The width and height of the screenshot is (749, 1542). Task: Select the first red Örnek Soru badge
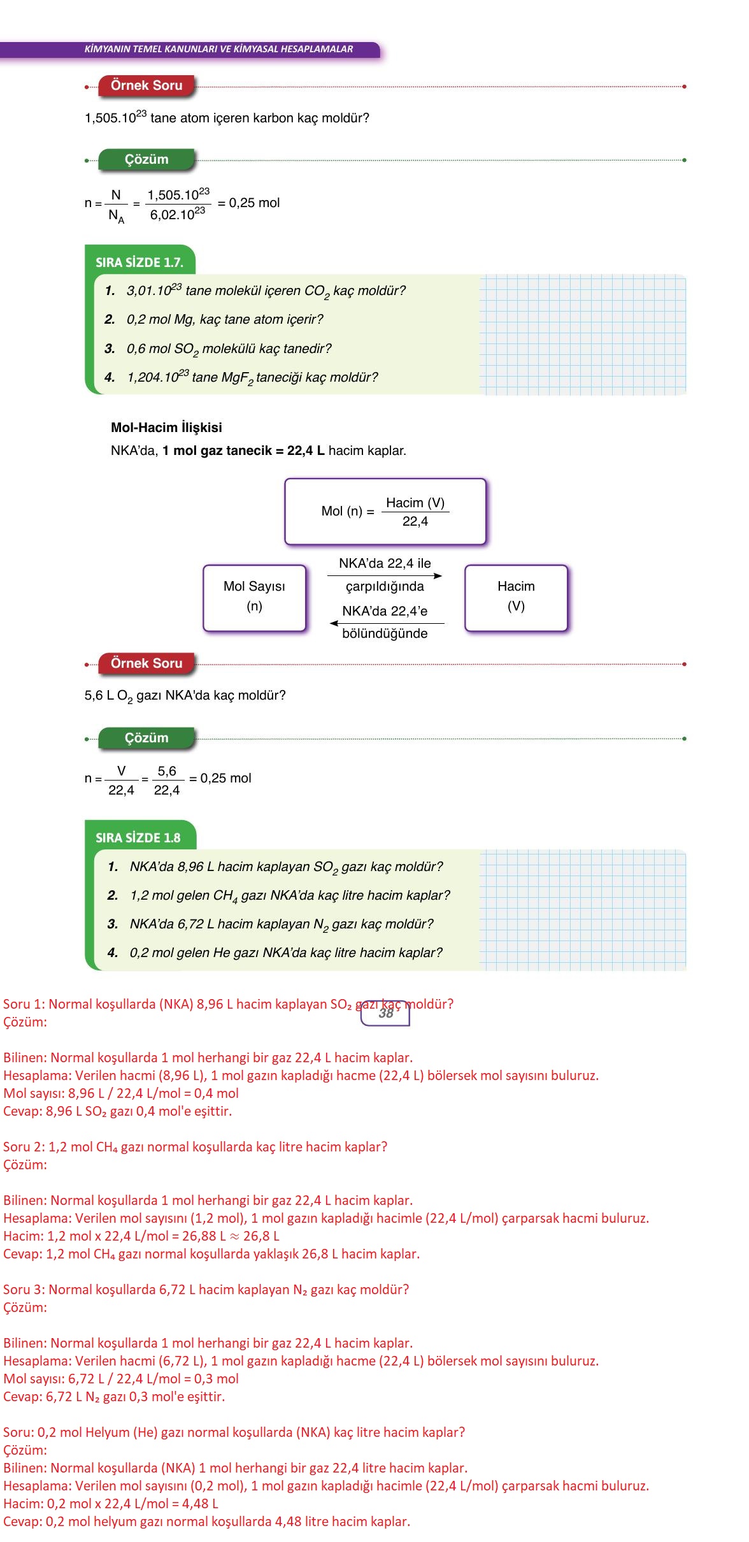coord(146,86)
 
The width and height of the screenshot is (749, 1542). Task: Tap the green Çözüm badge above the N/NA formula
coord(146,160)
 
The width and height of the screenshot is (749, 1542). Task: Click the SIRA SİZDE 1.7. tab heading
coord(139,262)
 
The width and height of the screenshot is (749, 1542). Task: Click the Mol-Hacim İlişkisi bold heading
coord(166,428)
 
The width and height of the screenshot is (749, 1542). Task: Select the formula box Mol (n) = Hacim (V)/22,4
coord(385,512)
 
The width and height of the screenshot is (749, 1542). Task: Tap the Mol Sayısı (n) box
coord(254,597)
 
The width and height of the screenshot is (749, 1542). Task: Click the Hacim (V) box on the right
coord(516,597)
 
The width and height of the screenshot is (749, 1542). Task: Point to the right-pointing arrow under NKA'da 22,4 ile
coord(385,575)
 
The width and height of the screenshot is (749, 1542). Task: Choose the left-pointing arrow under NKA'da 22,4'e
coord(387,623)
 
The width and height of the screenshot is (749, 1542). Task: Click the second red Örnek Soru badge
coord(146,664)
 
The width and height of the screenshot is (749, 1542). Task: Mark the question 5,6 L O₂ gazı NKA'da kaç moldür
coord(185,696)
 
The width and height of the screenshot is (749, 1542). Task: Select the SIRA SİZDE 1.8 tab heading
coord(138,838)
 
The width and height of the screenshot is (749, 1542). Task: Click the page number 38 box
coord(385,1014)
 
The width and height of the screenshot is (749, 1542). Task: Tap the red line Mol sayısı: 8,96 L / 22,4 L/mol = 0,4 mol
coord(121,1093)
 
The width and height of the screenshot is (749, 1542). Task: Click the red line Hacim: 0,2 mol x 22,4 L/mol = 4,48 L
coord(111,1504)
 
